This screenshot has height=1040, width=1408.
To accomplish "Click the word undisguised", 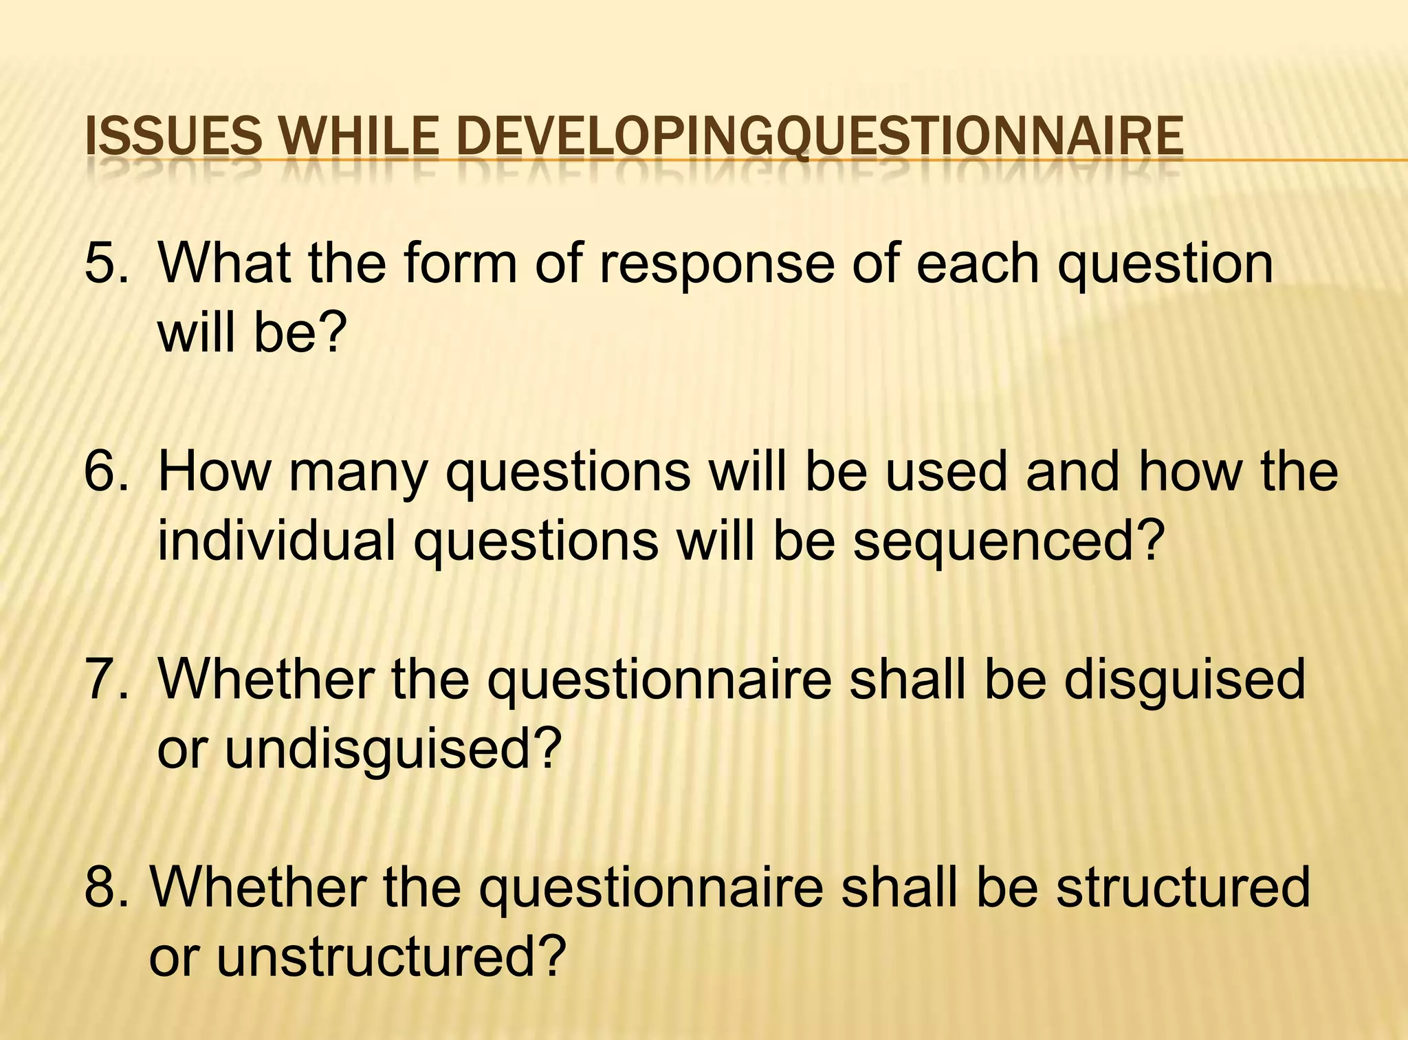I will coord(379,750).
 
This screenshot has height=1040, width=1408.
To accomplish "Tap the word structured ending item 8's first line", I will coord(1182,887).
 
